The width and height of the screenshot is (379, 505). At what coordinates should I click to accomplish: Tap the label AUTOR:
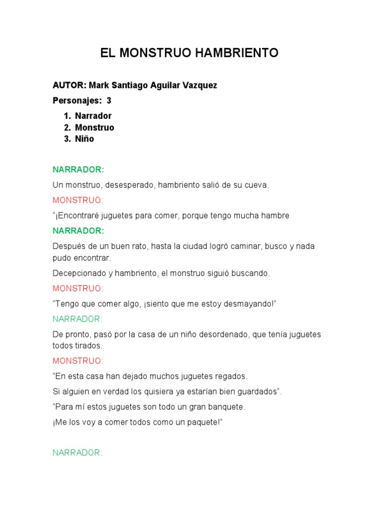[70, 85]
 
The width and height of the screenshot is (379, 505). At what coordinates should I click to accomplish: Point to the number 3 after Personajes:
[109, 101]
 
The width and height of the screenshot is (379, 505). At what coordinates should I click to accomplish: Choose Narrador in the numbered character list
[93, 116]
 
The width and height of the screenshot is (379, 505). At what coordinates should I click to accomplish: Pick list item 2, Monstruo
[94, 127]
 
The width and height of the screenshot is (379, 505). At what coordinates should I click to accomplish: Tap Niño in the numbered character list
[84, 139]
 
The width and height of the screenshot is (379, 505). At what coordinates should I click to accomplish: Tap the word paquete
[201, 422]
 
